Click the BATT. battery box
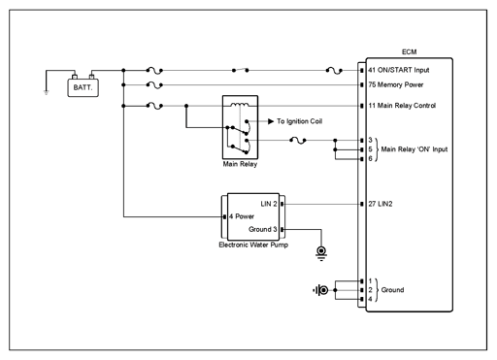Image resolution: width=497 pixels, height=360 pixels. tap(83, 87)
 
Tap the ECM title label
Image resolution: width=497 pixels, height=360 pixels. tap(409, 52)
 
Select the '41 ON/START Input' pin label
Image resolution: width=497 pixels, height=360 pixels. tap(399, 70)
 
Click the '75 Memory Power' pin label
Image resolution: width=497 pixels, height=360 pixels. tap(396, 84)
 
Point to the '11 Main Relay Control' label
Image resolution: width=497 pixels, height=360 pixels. tap(402, 106)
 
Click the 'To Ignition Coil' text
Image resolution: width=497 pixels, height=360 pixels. tap(299, 121)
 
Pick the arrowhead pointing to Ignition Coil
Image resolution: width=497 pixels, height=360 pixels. tap(271, 121)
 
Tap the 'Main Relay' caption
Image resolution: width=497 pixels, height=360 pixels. tap(240, 164)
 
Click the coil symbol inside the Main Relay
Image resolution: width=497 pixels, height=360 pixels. tap(240, 105)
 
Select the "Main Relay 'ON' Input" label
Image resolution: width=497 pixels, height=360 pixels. tap(414, 149)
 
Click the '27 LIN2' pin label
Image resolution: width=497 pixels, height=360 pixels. tap(381, 204)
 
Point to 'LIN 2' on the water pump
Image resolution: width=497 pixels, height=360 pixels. tap(269, 204)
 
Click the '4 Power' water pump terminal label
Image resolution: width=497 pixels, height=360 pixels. tap(242, 216)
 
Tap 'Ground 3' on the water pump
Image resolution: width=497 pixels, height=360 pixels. tap(262, 229)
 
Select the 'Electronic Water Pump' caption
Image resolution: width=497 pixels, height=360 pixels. tap(253, 245)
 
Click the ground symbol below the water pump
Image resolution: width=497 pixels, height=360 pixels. tap(321, 253)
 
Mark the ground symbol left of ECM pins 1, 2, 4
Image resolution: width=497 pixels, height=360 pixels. tap(320, 290)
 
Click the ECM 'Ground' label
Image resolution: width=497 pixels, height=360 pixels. tap(392, 290)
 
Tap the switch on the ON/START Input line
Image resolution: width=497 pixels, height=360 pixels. tap(240, 70)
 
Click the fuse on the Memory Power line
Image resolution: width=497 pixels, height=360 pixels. tap(154, 85)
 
